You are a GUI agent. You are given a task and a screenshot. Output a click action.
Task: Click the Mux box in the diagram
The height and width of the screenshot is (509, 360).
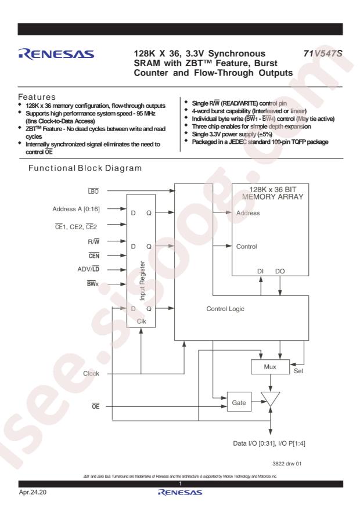[270, 367]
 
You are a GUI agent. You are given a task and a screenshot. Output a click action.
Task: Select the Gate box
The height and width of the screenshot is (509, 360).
[239, 403]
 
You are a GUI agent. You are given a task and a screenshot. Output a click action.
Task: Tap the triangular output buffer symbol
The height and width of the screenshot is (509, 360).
[271, 399]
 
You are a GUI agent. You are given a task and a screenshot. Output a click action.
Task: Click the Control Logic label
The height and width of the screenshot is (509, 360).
[225, 309]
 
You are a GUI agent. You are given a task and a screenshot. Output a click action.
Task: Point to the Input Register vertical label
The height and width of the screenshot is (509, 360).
[142, 281]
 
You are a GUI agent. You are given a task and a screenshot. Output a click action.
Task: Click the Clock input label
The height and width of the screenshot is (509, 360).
[91, 374]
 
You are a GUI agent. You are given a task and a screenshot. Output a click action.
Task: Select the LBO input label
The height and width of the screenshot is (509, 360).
[93, 191]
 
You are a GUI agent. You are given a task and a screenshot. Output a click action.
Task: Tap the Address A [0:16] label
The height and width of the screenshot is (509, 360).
[76, 209]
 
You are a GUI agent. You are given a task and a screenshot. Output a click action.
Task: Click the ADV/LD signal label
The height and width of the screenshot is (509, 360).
[88, 269]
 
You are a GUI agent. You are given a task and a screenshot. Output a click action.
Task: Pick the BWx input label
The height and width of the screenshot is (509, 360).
[92, 284]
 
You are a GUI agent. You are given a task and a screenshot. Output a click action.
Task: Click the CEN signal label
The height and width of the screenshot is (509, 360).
[94, 256]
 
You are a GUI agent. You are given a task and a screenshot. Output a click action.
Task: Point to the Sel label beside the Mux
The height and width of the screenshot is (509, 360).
[298, 371]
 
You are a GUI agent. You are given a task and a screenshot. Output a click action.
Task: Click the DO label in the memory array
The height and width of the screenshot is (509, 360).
[280, 271]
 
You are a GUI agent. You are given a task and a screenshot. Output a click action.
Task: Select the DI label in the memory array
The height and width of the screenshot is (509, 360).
[260, 271]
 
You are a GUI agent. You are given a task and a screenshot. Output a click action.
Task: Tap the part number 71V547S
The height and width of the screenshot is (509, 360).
[323, 53]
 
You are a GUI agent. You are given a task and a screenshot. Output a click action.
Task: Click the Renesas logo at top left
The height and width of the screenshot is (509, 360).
[56, 54]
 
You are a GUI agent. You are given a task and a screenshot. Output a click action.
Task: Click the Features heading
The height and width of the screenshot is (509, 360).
[37, 97]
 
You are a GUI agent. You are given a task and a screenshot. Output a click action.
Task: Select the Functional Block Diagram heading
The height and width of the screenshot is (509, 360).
[85, 168]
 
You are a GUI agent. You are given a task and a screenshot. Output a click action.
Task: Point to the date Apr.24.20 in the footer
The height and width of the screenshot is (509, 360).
[33, 492]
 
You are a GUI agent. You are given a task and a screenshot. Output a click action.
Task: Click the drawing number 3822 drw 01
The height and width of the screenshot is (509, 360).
[287, 464]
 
